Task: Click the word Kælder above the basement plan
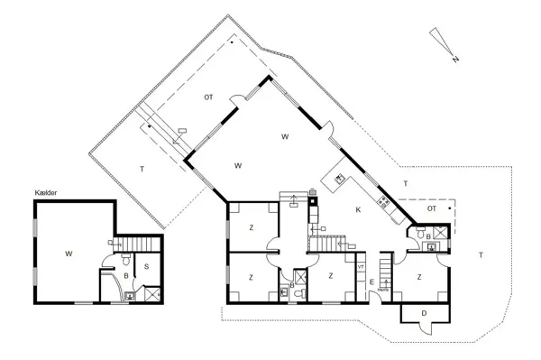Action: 45,191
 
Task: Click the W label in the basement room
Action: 69,254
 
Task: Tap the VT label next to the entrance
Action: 361,267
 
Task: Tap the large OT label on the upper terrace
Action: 208,96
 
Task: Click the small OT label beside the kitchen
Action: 432,208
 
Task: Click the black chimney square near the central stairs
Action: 313,201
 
